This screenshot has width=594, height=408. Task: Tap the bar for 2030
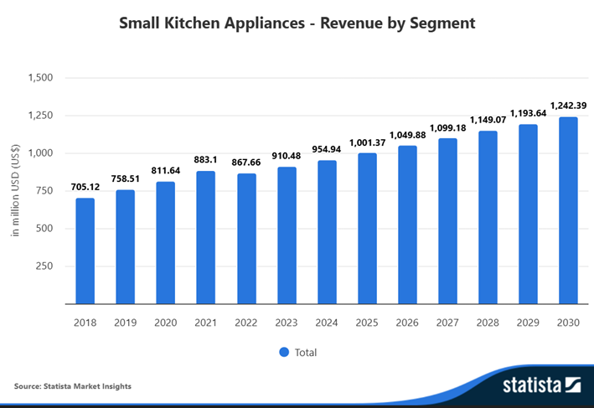568,209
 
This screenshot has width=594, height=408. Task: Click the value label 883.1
206,159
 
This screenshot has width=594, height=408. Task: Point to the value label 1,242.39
568,106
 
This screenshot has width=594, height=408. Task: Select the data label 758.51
126,178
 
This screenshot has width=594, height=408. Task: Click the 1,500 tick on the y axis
41,78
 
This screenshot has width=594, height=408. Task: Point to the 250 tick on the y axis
44,266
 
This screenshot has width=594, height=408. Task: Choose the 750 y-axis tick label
44,191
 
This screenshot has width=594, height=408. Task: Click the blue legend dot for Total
283,352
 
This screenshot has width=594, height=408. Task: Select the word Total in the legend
306,352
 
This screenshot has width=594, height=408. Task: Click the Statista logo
541,385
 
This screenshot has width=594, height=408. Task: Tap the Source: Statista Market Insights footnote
73,386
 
